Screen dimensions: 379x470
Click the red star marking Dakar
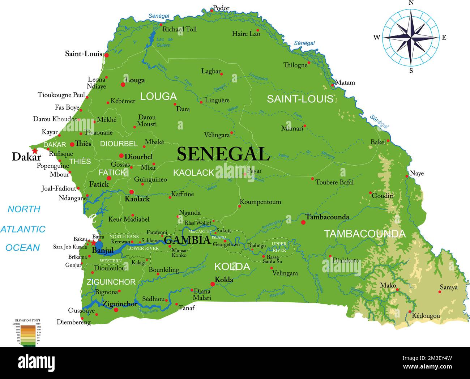[x=35, y=150]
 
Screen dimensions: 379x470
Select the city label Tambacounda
[x=327, y=217]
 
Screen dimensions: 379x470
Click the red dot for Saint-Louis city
[x=106, y=55]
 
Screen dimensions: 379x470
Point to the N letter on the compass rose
[x=411, y=3]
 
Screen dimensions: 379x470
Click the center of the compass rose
[x=411, y=37]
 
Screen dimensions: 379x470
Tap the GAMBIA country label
[x=187, y=240]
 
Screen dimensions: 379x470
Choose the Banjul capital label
[x=103, y=250]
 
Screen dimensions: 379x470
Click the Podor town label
[x=221, y=8]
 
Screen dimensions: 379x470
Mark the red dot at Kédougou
[x=410, y=311]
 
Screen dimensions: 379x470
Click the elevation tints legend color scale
[x=28, y=335]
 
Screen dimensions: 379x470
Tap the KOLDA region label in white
[x=232, y=267]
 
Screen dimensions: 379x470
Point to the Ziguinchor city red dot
[x=116, y=310]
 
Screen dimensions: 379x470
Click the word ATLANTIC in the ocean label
[x=23, y=229]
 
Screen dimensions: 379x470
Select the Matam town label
[x=345, y=82]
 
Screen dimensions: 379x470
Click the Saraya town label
[x=448, y=288]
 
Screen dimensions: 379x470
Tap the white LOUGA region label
[x=158, y=97]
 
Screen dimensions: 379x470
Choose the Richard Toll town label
[x=179, y=29]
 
